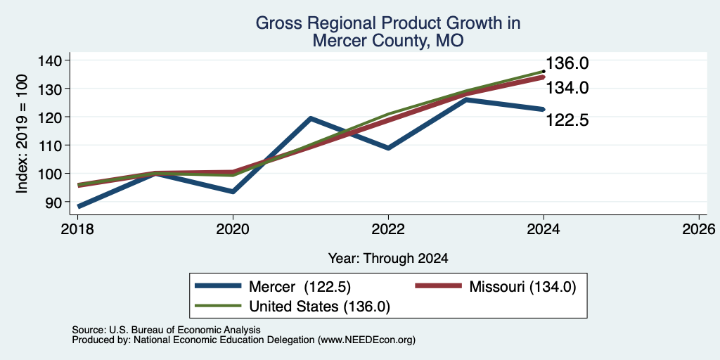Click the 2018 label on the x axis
point(77,229)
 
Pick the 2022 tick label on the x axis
point(388,229)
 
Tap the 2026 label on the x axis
point(699,229)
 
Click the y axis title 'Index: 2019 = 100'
point(22,134)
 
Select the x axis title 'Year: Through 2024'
point(388,259)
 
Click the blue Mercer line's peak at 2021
point(311,118)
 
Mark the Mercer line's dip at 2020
point(233,191)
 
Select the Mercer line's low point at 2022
point(388,148)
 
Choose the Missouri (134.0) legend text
point(522,287)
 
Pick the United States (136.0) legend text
point(320,307)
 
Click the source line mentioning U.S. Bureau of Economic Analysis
point(166,330)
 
